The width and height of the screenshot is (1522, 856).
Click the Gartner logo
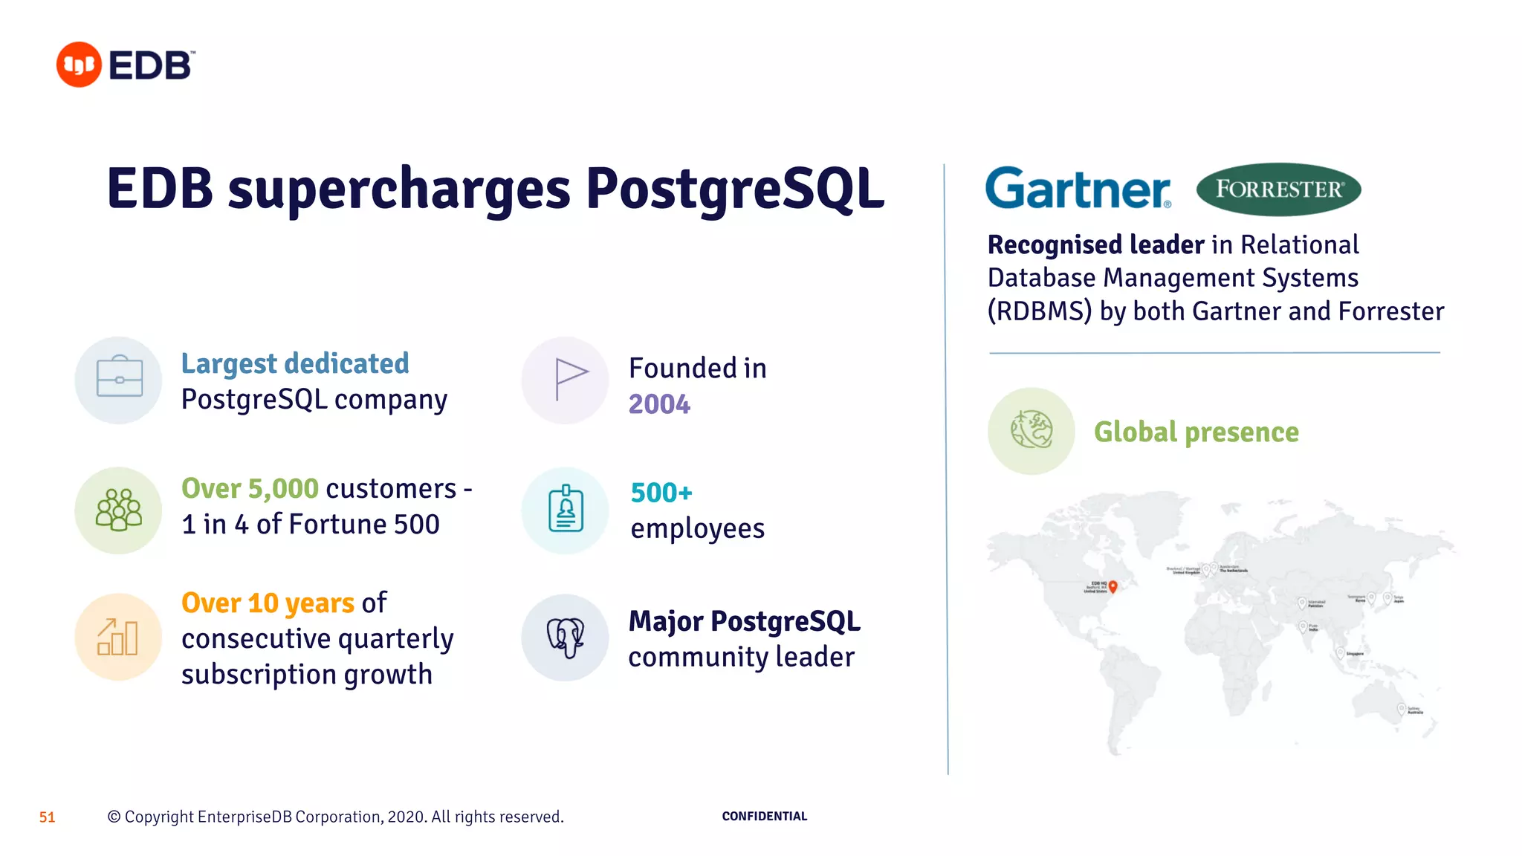click(x=1078, y=188)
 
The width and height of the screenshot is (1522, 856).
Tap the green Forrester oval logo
click(x=1278, y=189)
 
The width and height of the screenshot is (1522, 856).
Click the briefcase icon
click(x=119, y=380)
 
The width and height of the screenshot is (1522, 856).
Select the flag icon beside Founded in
click(x=566, y=380)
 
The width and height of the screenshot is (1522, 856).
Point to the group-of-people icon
click(x=119, y=510)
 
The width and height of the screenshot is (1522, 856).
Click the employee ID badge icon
click(x=566, y=510)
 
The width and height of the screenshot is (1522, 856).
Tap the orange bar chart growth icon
click(x=119, y=637)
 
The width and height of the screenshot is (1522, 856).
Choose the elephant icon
click(x=566, y=637)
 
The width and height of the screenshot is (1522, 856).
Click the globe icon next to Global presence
click(x=1032, y=430)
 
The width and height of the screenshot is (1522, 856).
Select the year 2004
click(x=659, y=404)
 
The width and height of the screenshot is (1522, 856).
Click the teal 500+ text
click(x=661, y=493)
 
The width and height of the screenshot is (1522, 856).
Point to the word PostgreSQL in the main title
click(x=735, y=189)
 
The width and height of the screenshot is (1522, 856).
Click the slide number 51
click(x=47, y=817)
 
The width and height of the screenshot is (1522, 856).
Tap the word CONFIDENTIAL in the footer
click(x=764, y=816)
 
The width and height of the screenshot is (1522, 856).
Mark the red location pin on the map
click(x=1113, y=586)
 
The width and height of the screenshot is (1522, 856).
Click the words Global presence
click(x=1196, y=432)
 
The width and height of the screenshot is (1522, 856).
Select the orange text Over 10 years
click(x=268, y=603)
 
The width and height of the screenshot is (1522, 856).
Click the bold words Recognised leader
click(x=1095, y=244)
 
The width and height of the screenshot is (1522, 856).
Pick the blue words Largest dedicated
click(x=295, y=363)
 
